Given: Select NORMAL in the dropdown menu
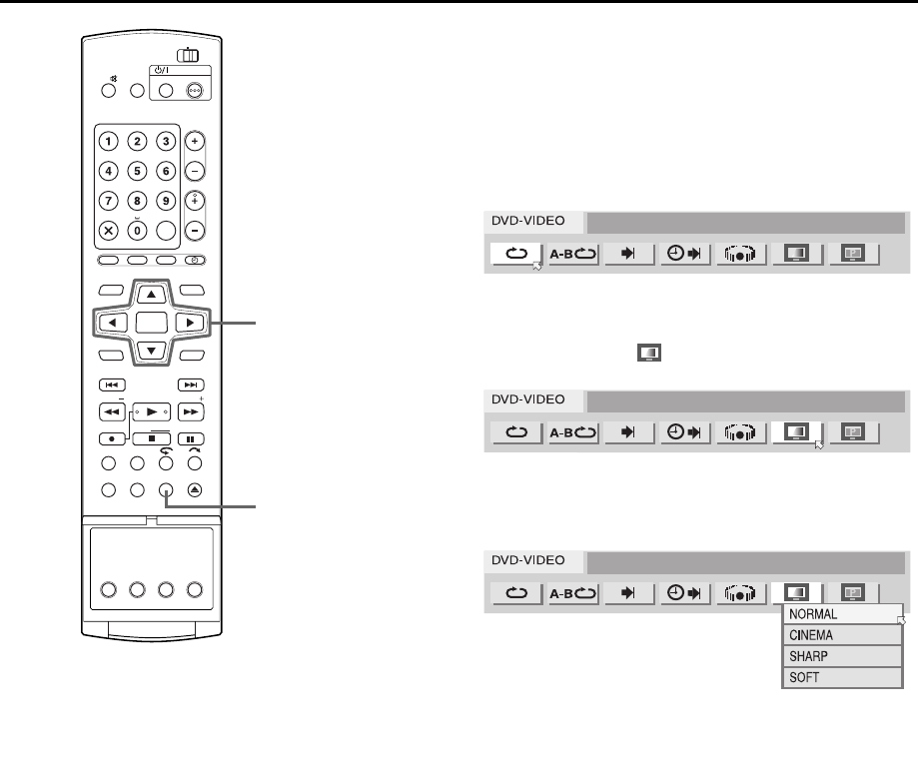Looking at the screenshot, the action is point(839,614).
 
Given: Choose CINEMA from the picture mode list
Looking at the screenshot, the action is point(839,635).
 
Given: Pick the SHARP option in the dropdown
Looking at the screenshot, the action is point(839,656).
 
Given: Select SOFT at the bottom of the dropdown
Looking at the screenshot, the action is point(839,678).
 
